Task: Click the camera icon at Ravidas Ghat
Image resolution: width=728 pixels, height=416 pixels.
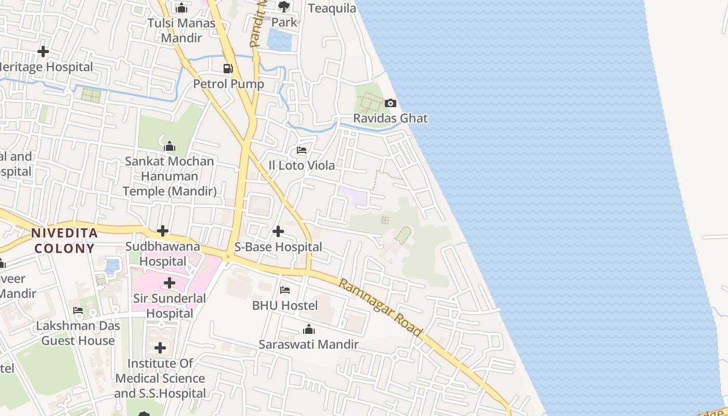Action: [391, 103]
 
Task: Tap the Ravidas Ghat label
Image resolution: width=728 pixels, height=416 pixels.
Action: [391, 119]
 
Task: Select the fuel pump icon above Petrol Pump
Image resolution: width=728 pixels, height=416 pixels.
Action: [228, 68]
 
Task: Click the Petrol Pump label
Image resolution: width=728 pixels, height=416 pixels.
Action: [229, 84]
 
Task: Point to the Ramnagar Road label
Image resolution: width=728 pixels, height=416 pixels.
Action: [381, 307]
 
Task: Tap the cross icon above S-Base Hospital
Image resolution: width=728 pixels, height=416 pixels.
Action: [278, 231]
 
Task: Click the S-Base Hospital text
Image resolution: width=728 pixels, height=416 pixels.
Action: [278, 247]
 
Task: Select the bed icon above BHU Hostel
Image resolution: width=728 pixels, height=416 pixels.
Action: [285, 290]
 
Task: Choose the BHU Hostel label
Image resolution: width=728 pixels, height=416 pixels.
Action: [285, 305]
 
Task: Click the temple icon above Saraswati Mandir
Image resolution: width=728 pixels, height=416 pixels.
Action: [309, 329]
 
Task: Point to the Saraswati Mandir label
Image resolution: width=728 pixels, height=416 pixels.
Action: [309, 344]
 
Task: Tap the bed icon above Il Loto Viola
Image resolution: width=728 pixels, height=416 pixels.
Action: [302, 150]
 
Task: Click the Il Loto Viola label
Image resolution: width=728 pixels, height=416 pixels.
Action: [302, 165]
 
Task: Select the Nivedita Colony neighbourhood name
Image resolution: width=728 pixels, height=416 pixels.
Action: [64, 240]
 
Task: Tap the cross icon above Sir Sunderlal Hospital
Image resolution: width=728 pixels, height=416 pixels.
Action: [170, 283]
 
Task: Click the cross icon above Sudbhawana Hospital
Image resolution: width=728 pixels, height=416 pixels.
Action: [163, 231]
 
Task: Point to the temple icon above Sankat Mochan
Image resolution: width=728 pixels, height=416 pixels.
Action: [170, 146]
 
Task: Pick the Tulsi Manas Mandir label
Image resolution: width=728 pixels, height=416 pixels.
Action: [181, 30]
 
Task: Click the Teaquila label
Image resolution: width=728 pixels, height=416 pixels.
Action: [332, 8]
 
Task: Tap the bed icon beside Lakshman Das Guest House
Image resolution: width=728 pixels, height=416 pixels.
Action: [78, 310]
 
